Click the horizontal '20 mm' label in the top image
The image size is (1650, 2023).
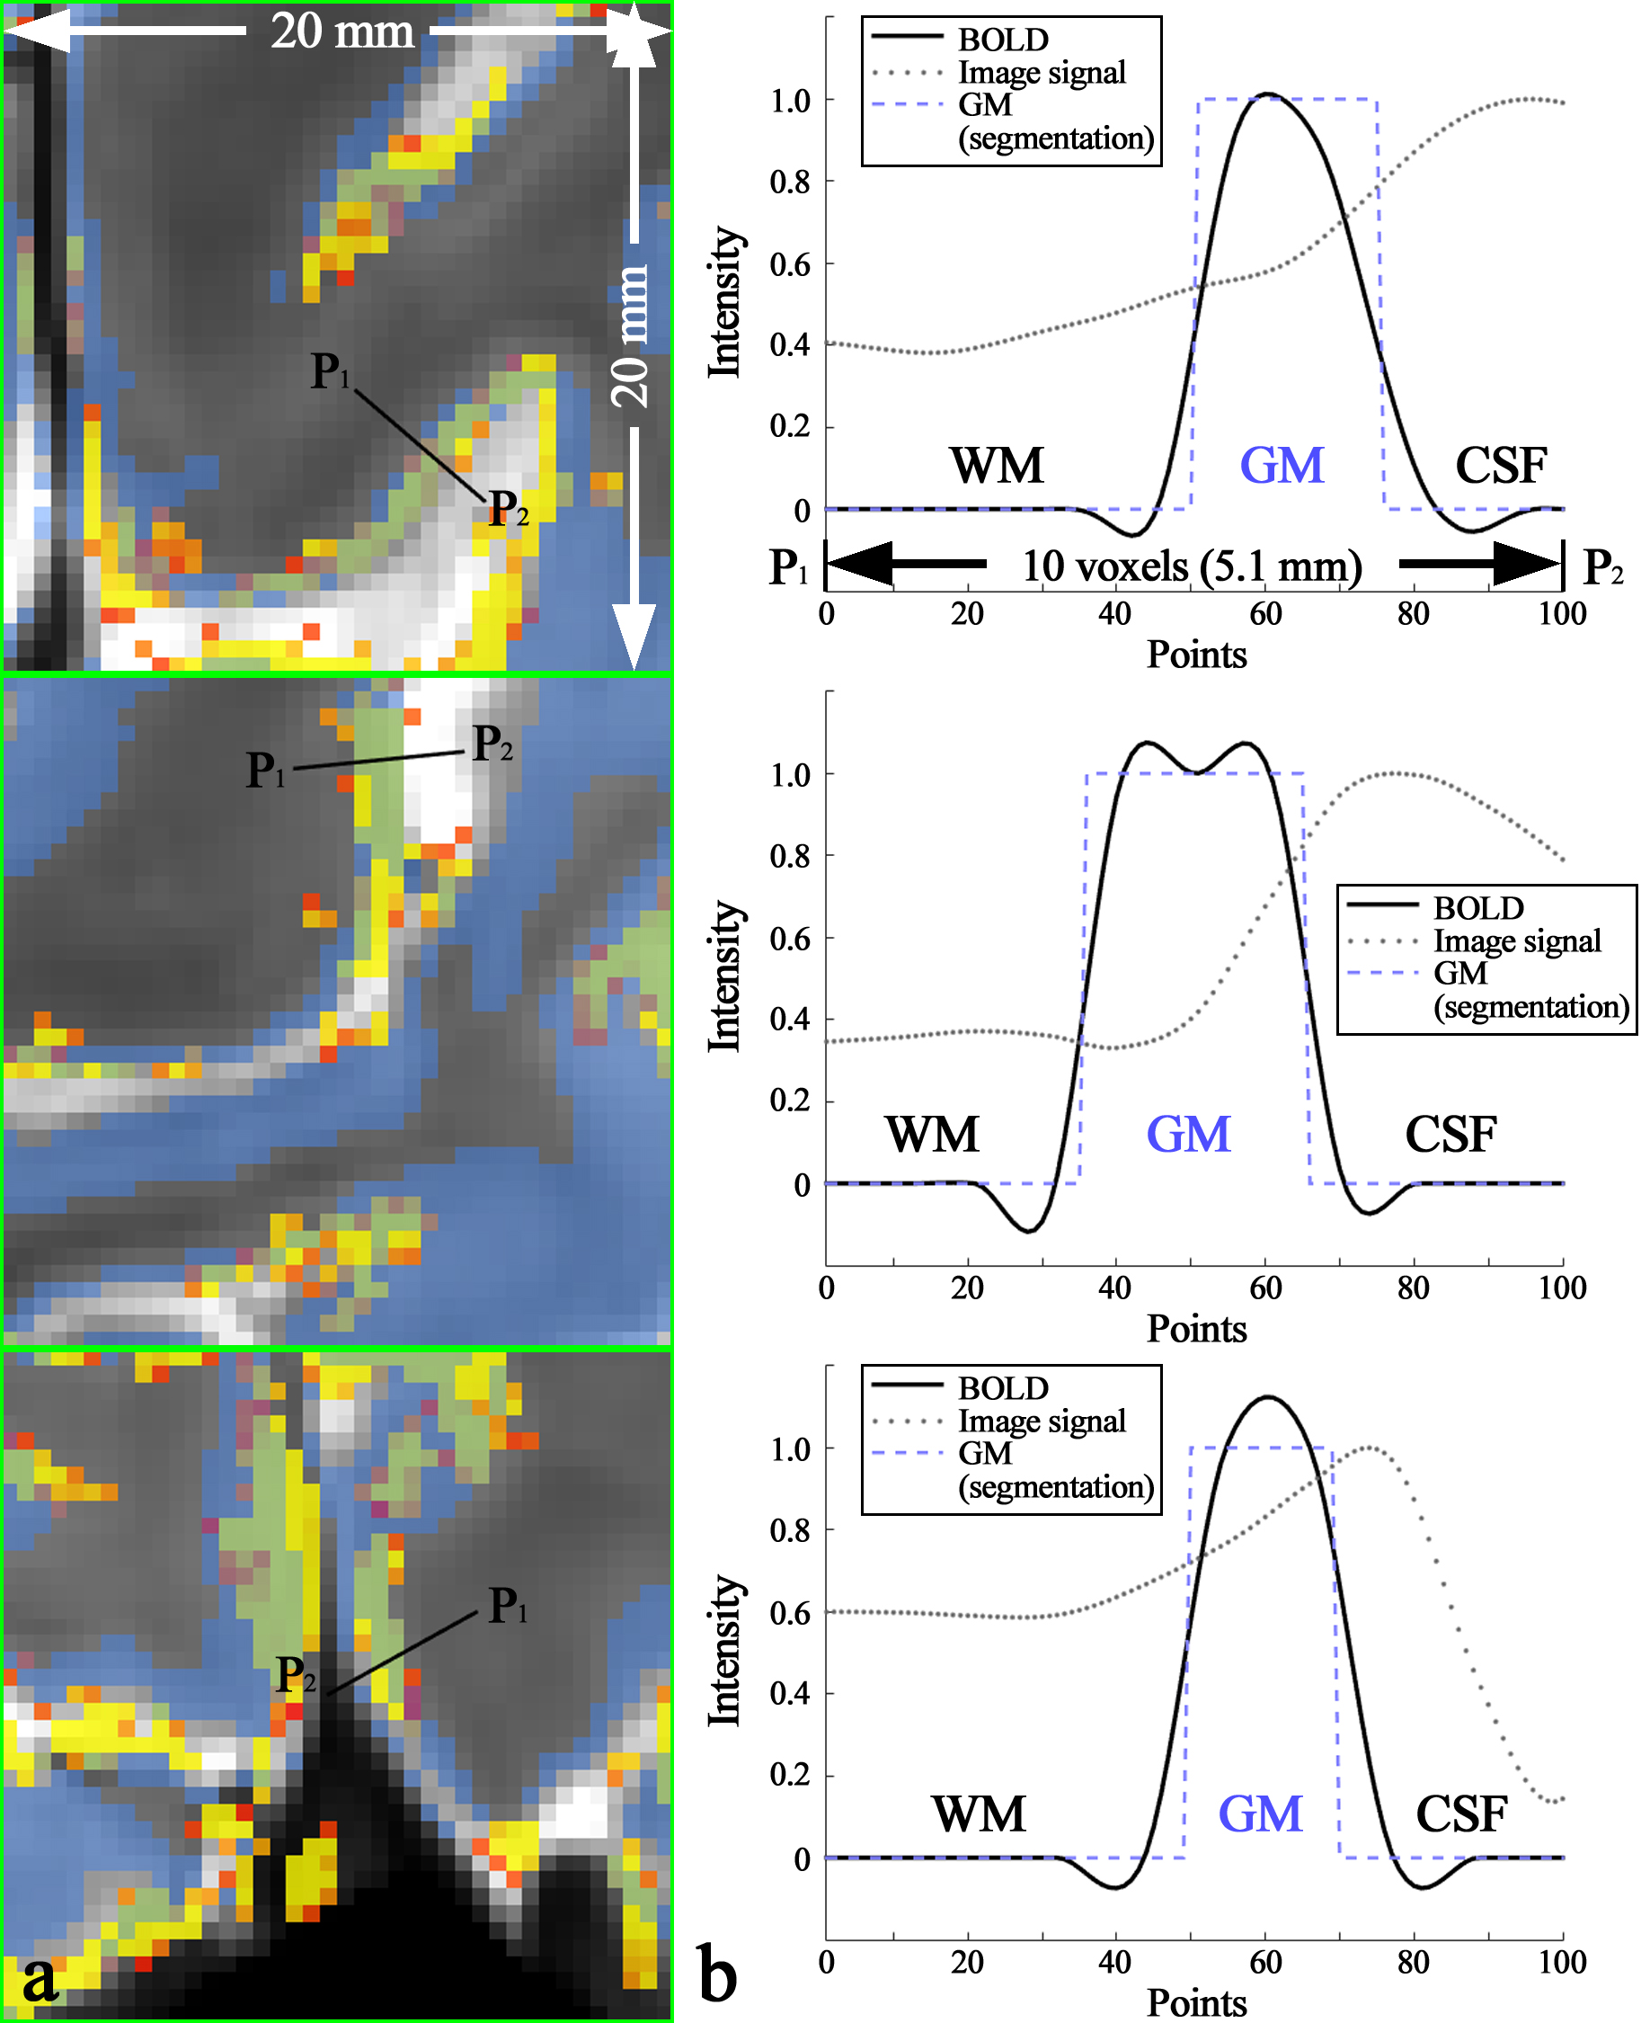pos(342,31)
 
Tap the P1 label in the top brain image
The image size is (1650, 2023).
pos(330,370)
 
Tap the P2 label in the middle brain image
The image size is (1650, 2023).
pos(492,743)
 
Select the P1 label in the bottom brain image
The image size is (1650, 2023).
pos(507,1606)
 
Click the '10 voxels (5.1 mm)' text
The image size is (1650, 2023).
pos(1192,566)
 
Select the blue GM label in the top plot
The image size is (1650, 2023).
pos(1282,466)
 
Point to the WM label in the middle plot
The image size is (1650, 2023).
pos(931,1135)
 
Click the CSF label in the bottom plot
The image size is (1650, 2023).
pos(1461,1814)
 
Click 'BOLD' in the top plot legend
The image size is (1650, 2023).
pos(1003,40)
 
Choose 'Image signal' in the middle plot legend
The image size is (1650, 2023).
pos(1517,941)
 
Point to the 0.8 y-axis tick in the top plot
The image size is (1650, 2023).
pos(790,182)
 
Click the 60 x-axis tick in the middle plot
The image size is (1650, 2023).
pos(1264,1288)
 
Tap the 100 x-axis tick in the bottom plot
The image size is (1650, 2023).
pos(1562,1962)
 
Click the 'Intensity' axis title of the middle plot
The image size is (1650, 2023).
pos(725,976)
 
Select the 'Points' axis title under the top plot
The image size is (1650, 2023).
pos(1195,655)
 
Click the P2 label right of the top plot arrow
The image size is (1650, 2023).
pos(1602,567)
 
